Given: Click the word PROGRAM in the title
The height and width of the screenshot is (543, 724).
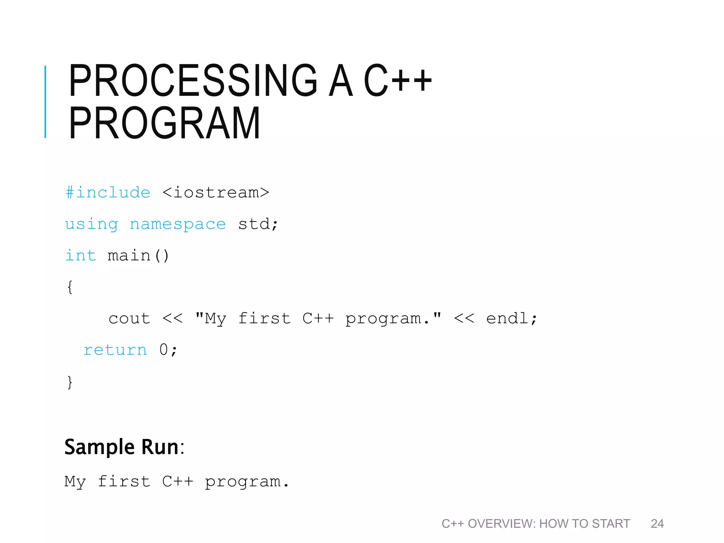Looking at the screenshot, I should (164, 123).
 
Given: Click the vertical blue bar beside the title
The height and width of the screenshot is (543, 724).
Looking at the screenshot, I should (45, 102).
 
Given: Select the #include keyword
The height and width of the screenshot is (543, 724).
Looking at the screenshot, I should (108, 193).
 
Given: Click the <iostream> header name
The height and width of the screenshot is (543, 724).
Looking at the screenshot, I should (216, 193).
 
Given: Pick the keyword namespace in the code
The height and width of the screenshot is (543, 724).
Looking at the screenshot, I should (177, 224).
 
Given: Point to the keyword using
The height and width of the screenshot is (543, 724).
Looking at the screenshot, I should (92, 224).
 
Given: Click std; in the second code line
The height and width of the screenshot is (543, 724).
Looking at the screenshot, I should (258, 224).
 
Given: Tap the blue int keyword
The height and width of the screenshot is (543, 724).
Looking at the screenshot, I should (81, 255).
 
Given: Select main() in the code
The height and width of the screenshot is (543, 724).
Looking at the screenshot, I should (138, 255).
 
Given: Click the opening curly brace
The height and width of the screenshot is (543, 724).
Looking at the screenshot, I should (70, 287).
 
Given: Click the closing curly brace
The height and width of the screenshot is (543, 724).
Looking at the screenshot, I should (70, 382).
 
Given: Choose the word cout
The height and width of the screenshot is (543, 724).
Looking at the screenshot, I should (129, 319).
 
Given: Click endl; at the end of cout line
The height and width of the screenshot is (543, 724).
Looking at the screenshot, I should (511, 319).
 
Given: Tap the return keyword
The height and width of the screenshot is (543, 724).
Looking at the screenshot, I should (115, 350).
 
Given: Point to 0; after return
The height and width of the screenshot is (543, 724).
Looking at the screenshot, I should (168, 350).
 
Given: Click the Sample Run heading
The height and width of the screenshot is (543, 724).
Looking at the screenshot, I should (124, 447).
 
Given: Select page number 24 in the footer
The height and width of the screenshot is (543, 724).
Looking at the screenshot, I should (657, 524).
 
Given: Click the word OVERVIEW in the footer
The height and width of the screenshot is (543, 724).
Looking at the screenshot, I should (502, 524).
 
